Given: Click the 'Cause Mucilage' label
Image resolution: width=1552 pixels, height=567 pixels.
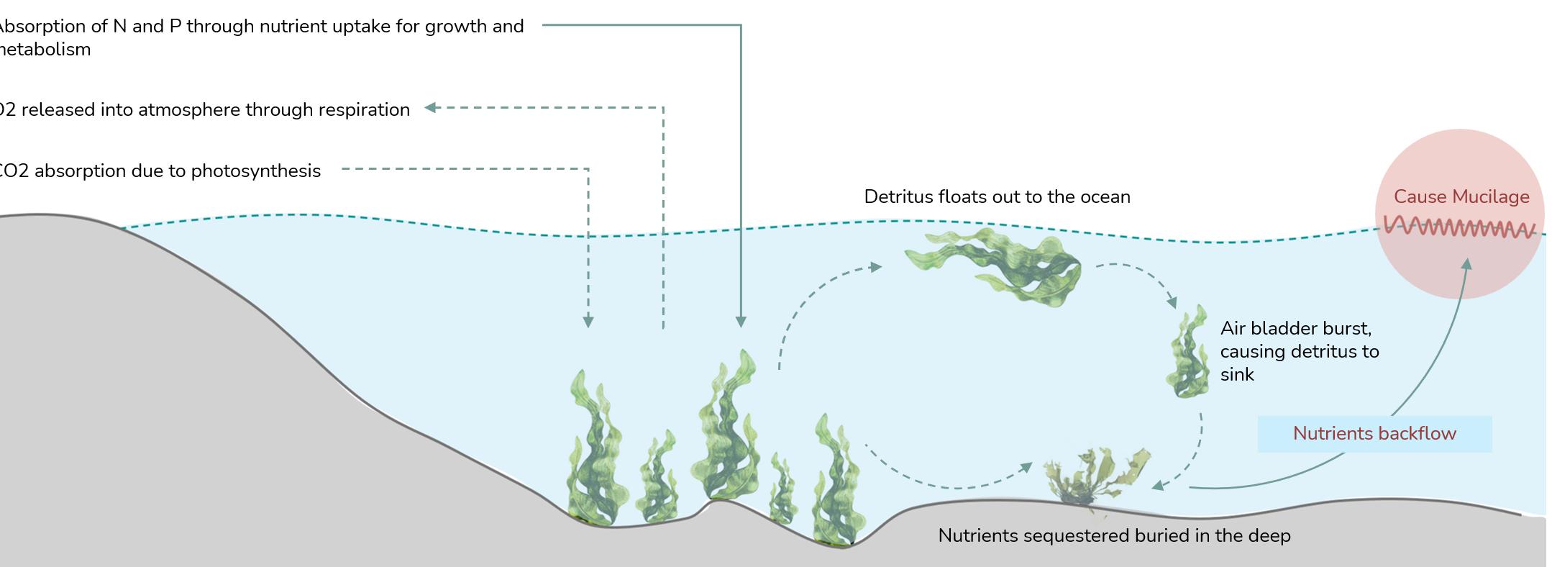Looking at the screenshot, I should pos(1461,196).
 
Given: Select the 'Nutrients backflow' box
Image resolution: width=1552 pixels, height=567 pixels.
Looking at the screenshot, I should pos(1374,433).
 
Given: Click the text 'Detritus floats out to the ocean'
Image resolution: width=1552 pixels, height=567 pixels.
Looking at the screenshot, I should pos(997,196).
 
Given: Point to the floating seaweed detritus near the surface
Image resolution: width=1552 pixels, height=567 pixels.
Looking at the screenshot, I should pos(1000,266).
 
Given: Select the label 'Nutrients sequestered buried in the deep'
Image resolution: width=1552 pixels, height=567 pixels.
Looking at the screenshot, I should pos(1114,535).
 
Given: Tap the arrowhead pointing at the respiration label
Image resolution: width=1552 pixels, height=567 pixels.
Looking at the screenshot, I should pos(430,108).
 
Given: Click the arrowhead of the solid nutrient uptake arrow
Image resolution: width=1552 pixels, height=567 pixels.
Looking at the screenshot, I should pos(741,322).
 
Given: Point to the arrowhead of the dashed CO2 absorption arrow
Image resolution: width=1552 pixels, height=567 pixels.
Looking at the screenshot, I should pos(588,322).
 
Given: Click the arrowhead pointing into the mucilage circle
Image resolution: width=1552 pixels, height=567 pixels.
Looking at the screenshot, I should pos(1466,264).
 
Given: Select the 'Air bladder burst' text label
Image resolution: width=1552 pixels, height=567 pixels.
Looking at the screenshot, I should pos(1295,328).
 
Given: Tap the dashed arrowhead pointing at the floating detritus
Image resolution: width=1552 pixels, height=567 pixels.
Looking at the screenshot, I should pos(875,267).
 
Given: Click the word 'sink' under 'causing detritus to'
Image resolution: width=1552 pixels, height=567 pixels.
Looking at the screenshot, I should pos(1236,374).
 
